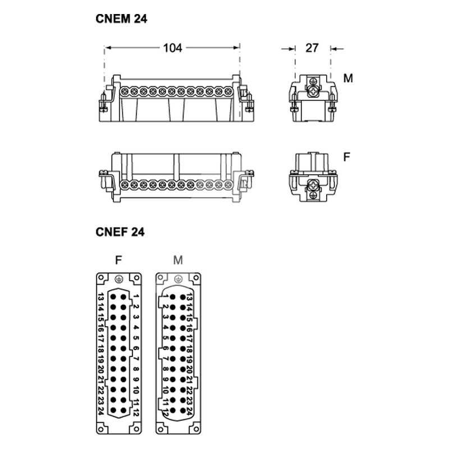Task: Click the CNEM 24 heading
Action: [x=121, y=19]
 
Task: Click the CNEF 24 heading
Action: [x=120, y=232]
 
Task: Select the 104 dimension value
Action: [x=172, y=48]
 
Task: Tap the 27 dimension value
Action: [x=312, y=48]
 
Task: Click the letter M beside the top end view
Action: [x=348, y=78]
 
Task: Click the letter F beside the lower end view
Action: [x=346, y=157]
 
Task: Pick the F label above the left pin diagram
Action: [x=118, y=260]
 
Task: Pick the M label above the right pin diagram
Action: [x=178, y=260]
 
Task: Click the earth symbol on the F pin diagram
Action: [x=119, y=279]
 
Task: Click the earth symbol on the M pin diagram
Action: [x=178, y=279]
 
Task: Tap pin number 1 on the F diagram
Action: [x=136, y=297]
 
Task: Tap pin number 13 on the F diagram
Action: [x=100, y=297]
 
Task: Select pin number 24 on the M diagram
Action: [x=189, y=411]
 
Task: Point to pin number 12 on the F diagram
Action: [x=136, y=413]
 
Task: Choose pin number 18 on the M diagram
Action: [x=189, y=349]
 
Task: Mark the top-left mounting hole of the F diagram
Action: [x=101, y=278]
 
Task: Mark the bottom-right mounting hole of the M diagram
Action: [x=196, y=429]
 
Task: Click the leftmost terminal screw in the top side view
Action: [x=125, y=91]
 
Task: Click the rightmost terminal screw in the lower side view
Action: [x=228, y=185]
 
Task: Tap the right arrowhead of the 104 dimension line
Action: [x=237, y=48]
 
